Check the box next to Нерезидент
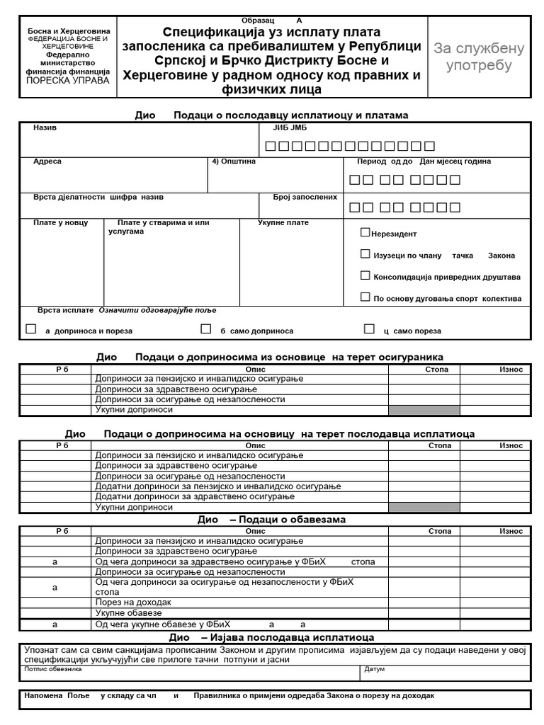point(365,232)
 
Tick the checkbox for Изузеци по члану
point(365,253)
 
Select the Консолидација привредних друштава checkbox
point(365,275)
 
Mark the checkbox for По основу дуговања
point(365,297)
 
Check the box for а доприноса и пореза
point(30,329)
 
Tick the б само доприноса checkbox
point(206,329)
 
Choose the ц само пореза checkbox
point(369,329)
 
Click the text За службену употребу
point(479,57)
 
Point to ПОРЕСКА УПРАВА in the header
point(68,81)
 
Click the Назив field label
point(45,128)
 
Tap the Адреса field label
point(47,161)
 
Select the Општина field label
point(234,161)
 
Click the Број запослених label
point(305,197)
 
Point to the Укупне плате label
point(283,223)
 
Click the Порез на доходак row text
point(133,602)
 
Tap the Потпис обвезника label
point(53,668)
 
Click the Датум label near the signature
point(374,668)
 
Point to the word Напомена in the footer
point(43,696)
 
